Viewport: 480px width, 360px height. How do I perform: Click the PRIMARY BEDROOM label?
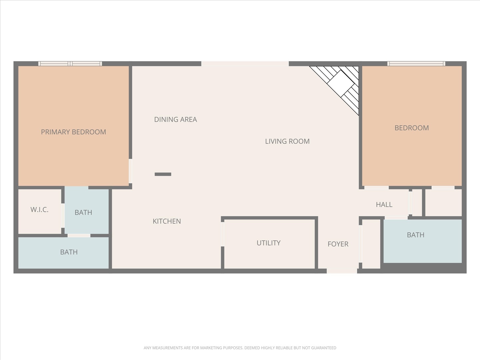(73, 132)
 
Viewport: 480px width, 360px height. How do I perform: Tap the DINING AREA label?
(175, 119)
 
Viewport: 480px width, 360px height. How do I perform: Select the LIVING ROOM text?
(287, 141)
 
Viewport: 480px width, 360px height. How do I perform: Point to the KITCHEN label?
(167, 221)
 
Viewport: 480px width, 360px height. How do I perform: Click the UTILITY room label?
(268, 243)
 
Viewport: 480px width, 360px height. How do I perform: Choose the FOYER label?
(338, 244)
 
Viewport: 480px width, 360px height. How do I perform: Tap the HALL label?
(384, 205)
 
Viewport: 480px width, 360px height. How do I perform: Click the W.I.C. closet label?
(39, 210)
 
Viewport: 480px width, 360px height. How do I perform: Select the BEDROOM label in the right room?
(411, 128)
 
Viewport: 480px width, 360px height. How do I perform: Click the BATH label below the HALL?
(415, 235)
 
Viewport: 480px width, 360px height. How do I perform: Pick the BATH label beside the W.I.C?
(83, 213)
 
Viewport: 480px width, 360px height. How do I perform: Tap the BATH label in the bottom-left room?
(69, 252)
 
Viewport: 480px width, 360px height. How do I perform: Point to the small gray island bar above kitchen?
(163, 174)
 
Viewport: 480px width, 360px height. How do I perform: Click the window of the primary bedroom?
(70, 64)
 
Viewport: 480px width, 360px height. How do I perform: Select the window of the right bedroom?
(416, 64)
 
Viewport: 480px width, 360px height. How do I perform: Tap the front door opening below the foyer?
(342, 271)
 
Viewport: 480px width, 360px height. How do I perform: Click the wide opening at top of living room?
(245, 64)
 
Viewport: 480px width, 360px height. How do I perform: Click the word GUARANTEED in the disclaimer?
(323, 348)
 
